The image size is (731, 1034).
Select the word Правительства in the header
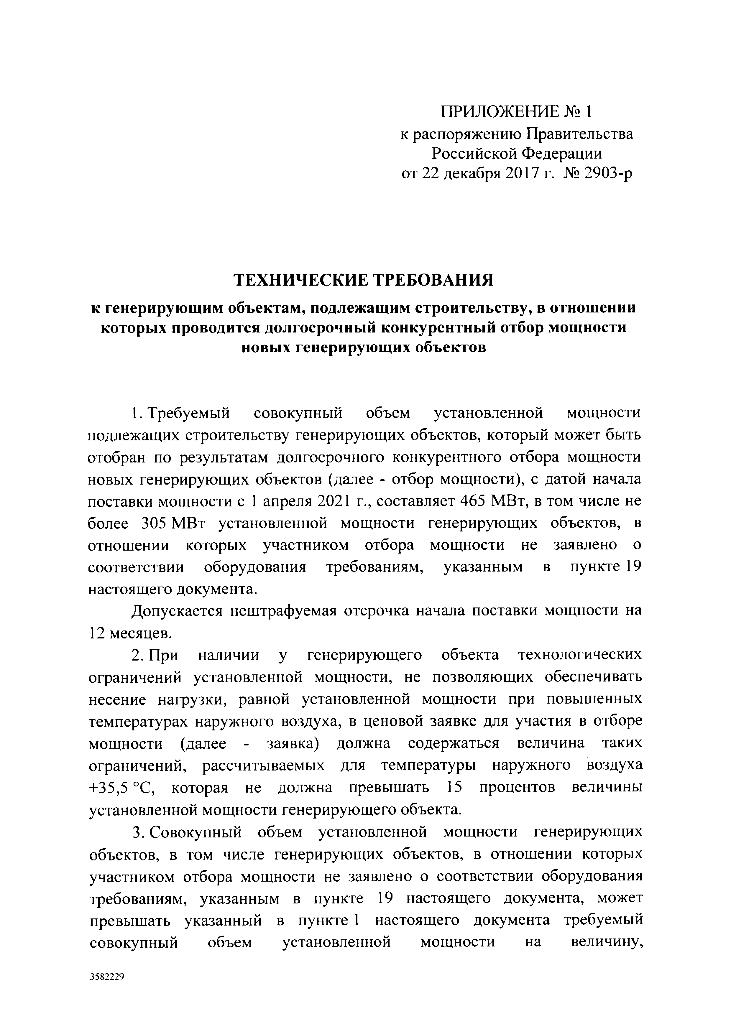(x=580, y=134)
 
